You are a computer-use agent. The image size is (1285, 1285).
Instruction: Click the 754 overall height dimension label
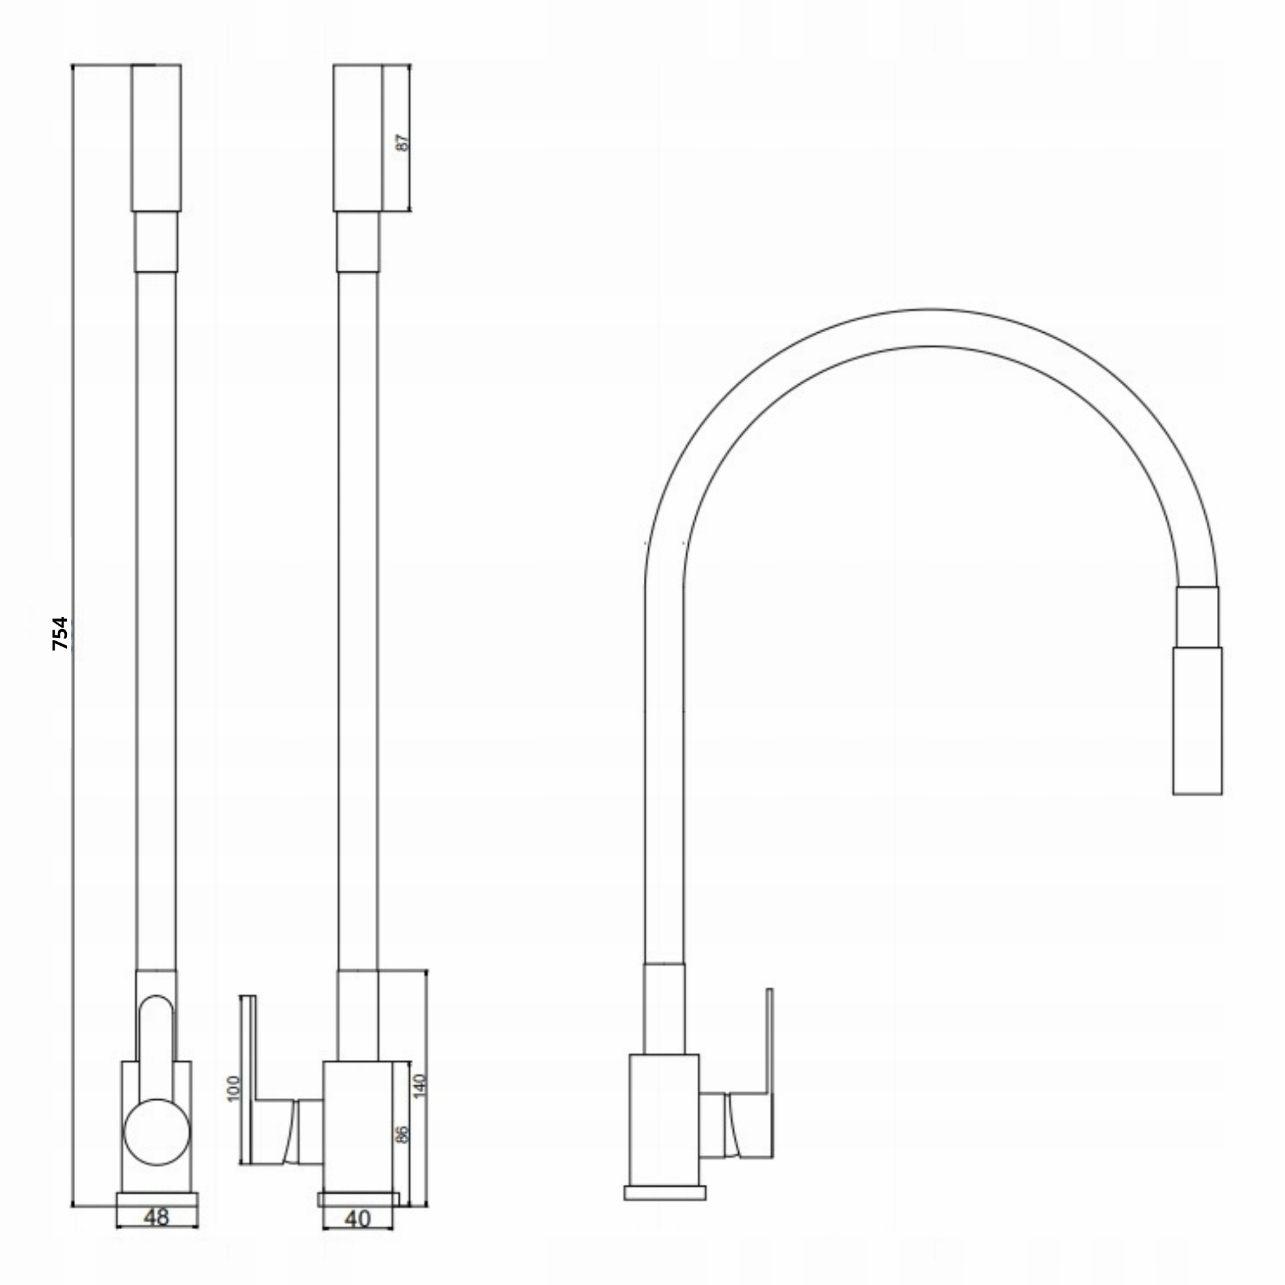tap(60, 634)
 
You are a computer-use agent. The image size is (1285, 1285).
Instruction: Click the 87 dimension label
tap(402, 143)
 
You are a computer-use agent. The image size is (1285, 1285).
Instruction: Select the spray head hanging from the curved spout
tap(1197, 720)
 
